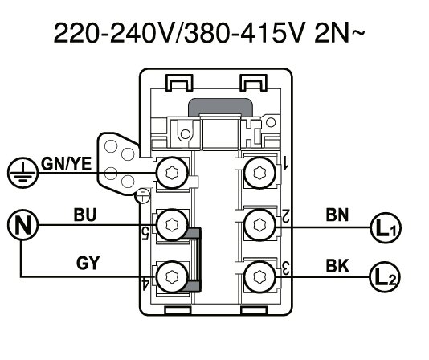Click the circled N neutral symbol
(x=18, y=223)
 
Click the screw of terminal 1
(x=259, y=172)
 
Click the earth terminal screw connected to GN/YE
(x=171, y=172)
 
